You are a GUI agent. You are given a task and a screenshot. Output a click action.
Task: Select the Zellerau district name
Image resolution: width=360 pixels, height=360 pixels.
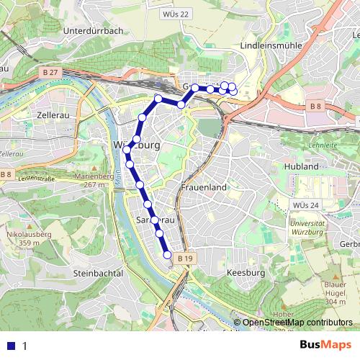click(x=51, y=114)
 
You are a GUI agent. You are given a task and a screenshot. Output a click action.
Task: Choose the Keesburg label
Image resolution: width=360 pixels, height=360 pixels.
click(x=246, y=273)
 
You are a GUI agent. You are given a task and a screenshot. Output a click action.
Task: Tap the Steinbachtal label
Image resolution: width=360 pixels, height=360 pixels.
click(x=99, y=273)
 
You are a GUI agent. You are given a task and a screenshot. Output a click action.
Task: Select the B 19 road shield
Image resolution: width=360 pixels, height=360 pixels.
click(x=185, y=258)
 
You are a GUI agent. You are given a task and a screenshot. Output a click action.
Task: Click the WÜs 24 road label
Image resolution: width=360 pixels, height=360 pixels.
click(x=305, y=206)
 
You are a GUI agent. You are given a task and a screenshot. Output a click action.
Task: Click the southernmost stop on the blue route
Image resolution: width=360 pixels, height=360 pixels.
click(x=168, y=255)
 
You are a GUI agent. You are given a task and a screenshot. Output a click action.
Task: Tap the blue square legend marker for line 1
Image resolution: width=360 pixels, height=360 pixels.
click(x=11, y=346)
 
